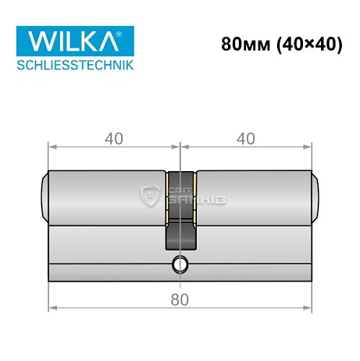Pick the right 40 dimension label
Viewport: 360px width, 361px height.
(246, 136)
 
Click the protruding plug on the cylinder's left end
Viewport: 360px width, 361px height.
(45, 196)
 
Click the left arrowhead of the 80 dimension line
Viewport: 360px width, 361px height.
(52, 310)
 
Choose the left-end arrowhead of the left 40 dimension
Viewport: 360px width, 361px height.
(52, 147)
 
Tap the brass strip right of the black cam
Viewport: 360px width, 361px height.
(194, 196)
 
